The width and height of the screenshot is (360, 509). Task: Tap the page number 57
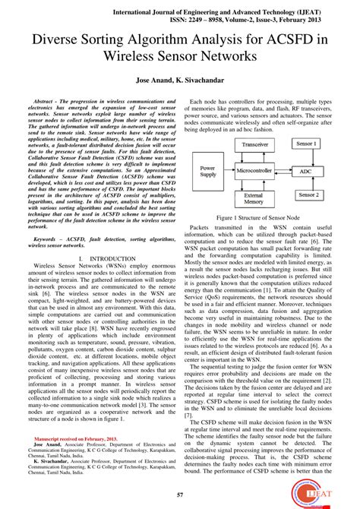tap(179, 495)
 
